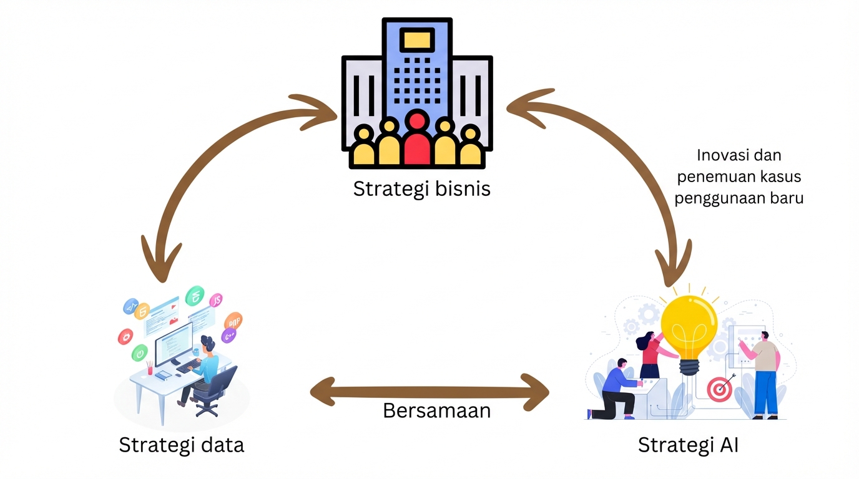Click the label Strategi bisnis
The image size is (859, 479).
coord(422,188)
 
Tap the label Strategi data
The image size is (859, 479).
coord(181,445)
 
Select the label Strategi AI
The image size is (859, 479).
coord(688,445)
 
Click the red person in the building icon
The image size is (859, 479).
coord(417,138)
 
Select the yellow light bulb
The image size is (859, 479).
coord(689,327)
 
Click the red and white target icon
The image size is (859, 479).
coord(719,390)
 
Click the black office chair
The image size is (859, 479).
coord(215,390)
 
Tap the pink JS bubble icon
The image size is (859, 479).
coord(217,300)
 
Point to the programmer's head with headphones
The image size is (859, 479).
coord(209,344)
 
